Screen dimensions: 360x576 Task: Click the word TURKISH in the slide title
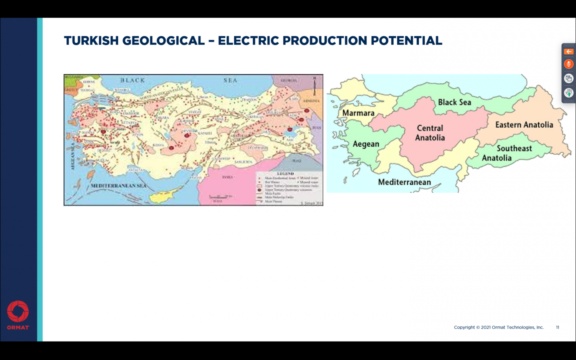[91, 41]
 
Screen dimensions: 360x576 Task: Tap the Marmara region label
[358, 113]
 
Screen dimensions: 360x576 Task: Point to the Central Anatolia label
[430, 133]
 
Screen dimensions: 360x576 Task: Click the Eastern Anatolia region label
[524, 125]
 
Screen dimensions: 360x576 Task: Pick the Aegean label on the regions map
[366, 144]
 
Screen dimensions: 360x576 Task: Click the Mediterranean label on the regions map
[404, 182]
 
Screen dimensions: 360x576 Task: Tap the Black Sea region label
[454, 102]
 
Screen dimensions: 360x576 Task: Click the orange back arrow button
[569, 52]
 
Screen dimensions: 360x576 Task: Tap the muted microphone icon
[569, 64]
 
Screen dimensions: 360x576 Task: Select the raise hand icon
[569, 92]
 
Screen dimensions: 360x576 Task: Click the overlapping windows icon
[569, 78]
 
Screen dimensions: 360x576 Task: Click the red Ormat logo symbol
[18, 311]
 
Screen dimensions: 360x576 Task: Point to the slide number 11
[558, 327]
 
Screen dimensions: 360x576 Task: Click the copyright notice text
[498, 327]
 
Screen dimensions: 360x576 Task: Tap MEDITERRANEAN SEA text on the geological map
[118, 186]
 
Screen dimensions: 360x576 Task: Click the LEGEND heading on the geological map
[285, 174]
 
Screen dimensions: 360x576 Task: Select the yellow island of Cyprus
[163, 197]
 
